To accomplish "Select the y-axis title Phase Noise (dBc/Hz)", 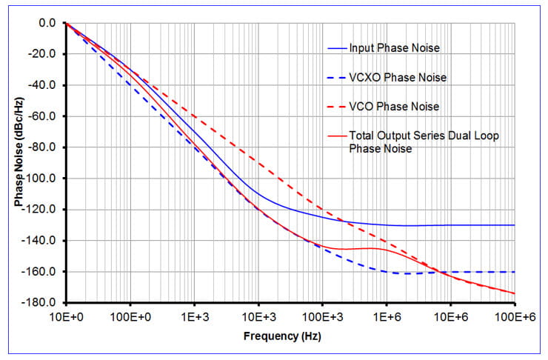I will [x=19, y=163].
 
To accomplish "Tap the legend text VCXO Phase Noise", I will [x=398, y=78].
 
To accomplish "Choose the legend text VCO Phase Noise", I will [x=395, y=107].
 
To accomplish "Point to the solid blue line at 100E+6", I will [x=513, y=225].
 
